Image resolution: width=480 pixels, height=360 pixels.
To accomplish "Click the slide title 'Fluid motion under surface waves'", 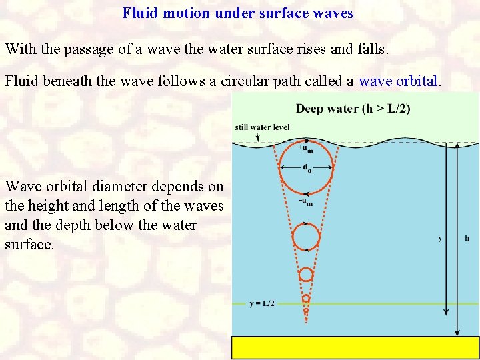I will (x=237, y=13).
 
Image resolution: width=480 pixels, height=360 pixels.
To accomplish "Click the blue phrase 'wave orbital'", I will (x=399, y=81).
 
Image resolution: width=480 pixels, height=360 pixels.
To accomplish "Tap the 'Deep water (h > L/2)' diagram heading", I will (x=353, y=109).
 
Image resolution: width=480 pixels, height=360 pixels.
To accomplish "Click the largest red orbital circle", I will (x=306, y=166).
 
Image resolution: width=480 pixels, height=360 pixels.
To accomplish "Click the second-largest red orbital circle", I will (x=306, y=236).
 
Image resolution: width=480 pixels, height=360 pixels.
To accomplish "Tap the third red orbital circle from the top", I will (x=306, y=274).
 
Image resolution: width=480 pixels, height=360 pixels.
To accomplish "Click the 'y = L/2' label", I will (x=261, y=303).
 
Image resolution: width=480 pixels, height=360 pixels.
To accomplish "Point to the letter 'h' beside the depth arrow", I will (x=467, y=238).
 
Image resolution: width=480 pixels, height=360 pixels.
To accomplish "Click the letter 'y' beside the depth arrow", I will (x=440, y=238).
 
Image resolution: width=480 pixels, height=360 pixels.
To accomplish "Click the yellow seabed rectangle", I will (x=355, y=347).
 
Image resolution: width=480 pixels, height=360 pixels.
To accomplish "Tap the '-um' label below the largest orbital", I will (x=307, y=201).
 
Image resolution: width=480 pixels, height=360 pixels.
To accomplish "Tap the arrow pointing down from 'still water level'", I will (x=257, y=137).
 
